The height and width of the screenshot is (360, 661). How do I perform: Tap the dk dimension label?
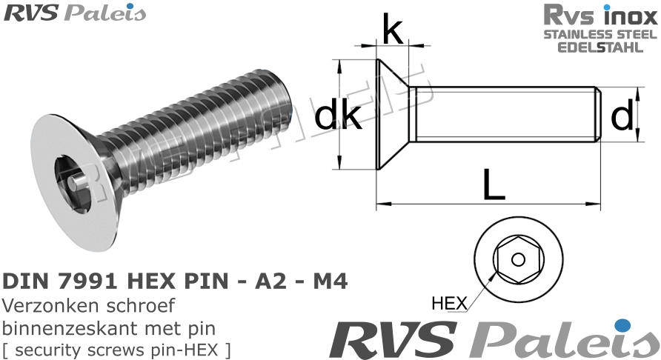tap(338, 116)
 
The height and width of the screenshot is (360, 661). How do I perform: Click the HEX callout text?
tap(448, 303)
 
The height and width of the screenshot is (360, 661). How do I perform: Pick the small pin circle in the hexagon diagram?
tap(518, 259)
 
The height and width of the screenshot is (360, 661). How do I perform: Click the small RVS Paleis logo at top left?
tap(75, 13)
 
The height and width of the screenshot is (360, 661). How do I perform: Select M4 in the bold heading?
tap(326, 281)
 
